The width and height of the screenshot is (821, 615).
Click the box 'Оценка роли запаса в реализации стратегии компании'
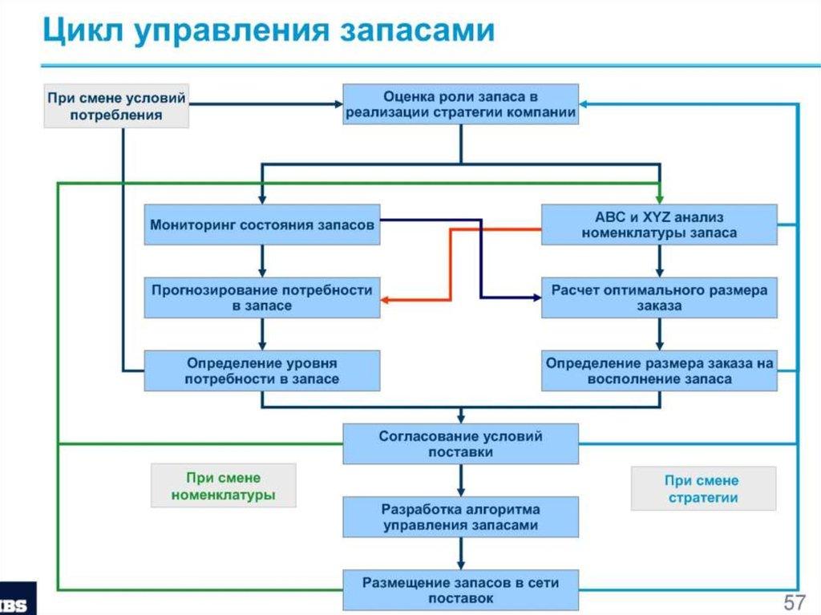coord(460,104)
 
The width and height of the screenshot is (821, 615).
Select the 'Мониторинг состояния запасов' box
coord(261,225)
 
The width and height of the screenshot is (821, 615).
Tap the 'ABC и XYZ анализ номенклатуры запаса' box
coord(659,225)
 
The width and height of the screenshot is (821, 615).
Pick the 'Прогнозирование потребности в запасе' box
coord(261,297)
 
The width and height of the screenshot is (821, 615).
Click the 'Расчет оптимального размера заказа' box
coord(659,297)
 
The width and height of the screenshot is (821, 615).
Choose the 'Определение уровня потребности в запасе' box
coord(261,370)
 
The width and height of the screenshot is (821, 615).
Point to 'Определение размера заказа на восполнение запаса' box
coord(659,370)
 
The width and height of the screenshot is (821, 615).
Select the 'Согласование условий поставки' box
coord(460,444)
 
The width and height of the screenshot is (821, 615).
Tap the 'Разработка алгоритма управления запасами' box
coord(460,517)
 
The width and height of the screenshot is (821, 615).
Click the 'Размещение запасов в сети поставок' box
coord(460,590)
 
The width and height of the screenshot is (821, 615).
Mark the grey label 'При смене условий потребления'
coord(115,106)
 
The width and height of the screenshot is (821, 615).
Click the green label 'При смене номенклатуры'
coord(223,486)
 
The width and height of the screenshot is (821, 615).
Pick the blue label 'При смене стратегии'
coord(702,489)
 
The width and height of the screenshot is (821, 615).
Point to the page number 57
coord(794,601)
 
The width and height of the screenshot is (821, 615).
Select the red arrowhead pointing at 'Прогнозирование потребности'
coord(386,299)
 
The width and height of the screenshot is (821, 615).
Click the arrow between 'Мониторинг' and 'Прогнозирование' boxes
coord(261,261)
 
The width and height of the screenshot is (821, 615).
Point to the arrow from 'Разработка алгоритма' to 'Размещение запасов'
coord(460,554)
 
